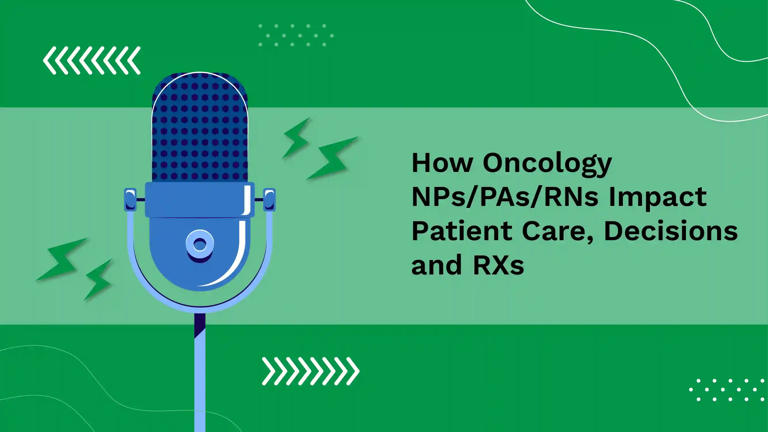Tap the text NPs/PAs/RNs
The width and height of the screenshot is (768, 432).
tap(505, 197)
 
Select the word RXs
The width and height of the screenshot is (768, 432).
tap(498, 265)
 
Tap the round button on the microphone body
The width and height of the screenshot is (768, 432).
tap(200, 245)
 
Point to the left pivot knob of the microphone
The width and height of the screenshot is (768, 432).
tap(130, 200)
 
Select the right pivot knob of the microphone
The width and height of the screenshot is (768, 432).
tap(269, 200)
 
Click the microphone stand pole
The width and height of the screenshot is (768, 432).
tap(200, 373)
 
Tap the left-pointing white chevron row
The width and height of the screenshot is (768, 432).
tap(92, 60)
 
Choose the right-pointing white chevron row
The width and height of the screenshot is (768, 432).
tap(311, 371)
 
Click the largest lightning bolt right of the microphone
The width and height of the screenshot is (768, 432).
tap(332, 158)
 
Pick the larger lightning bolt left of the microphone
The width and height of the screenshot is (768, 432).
tap(62, 259)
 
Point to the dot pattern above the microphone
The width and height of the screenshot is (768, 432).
tap(296, 35)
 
